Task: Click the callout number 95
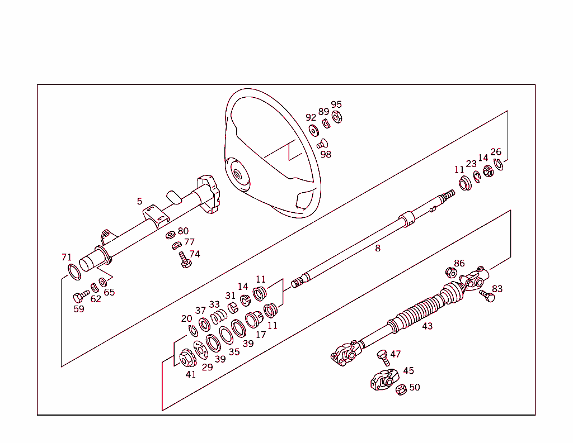pyautogui.click(x=336, y=104)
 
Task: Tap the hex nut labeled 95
pyautogui.click(x=337, y=117)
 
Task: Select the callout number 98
pyautogui.click(x=326, y=154)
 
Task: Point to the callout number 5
pyautogui.click(x=139, y=201)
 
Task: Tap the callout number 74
pyautogui.click(x=194, y=254)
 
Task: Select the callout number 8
pyautogui.click(x=378, y=248)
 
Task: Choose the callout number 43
pyautogui.click(x=428, y=326)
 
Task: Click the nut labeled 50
pyautogui.click(x=401, y=390)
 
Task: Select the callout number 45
pyautogui.click(x=408, y=370)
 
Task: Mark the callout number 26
pyautogui.click(x=496, y=151)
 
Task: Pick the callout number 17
pyautogui.click(x=261, y=335)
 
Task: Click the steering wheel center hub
pyautogui.click(x=238, y=173)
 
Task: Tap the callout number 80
pyautogui.click(x=183, y=231)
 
